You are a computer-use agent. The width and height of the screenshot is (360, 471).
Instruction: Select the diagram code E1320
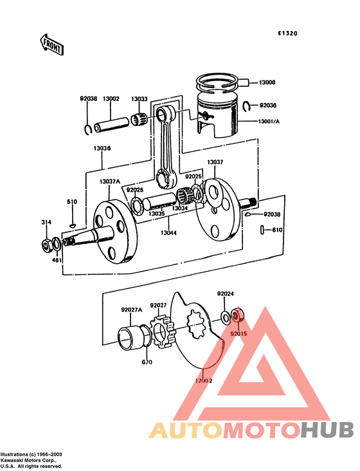point(287,33)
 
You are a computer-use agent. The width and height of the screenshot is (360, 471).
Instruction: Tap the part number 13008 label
point(267,83)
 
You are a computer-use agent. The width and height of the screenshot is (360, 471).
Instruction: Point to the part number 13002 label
point(111,98)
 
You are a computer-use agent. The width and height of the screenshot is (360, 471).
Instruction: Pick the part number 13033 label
point(139,98)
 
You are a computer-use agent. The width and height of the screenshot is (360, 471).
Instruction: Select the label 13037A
point(109,181)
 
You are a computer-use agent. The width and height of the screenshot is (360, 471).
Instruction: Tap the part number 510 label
point(72,202)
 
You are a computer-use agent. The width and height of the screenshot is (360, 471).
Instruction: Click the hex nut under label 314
point(46,244)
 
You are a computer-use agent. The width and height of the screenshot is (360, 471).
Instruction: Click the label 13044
point(168,232)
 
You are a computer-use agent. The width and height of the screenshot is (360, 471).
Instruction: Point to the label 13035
point(157,214)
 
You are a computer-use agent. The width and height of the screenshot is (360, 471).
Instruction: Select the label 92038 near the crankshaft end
point(272,214)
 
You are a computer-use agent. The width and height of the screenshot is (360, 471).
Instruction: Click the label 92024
point(225,293)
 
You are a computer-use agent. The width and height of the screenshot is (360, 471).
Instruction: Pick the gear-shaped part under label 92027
point(161,329)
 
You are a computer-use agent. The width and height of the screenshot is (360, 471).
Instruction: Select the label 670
point(147,362)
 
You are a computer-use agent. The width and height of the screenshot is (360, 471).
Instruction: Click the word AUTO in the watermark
point(186,430)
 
